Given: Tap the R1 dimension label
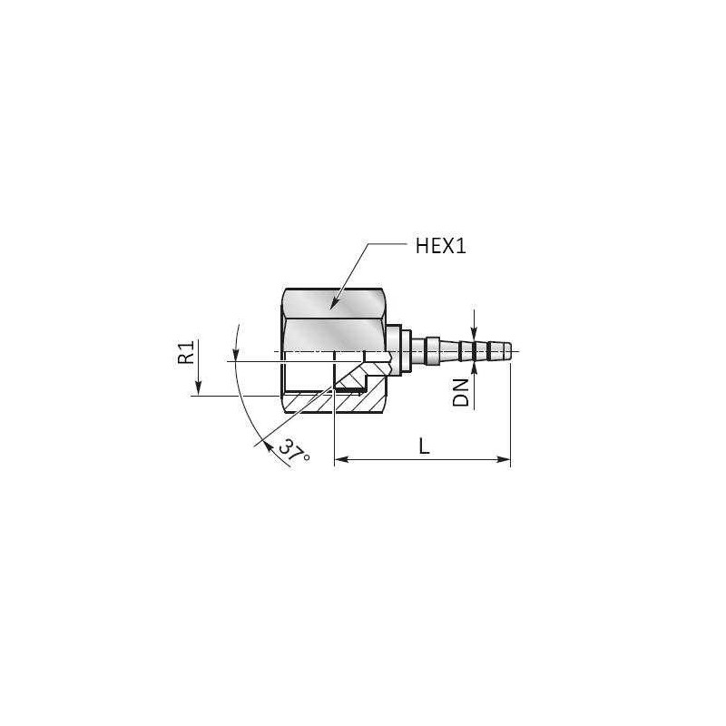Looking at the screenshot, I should [186, 353].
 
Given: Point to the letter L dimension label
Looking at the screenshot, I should [423, 446].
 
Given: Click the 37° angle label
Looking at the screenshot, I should [294, 450].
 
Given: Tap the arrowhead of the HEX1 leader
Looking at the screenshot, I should [332, 309].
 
